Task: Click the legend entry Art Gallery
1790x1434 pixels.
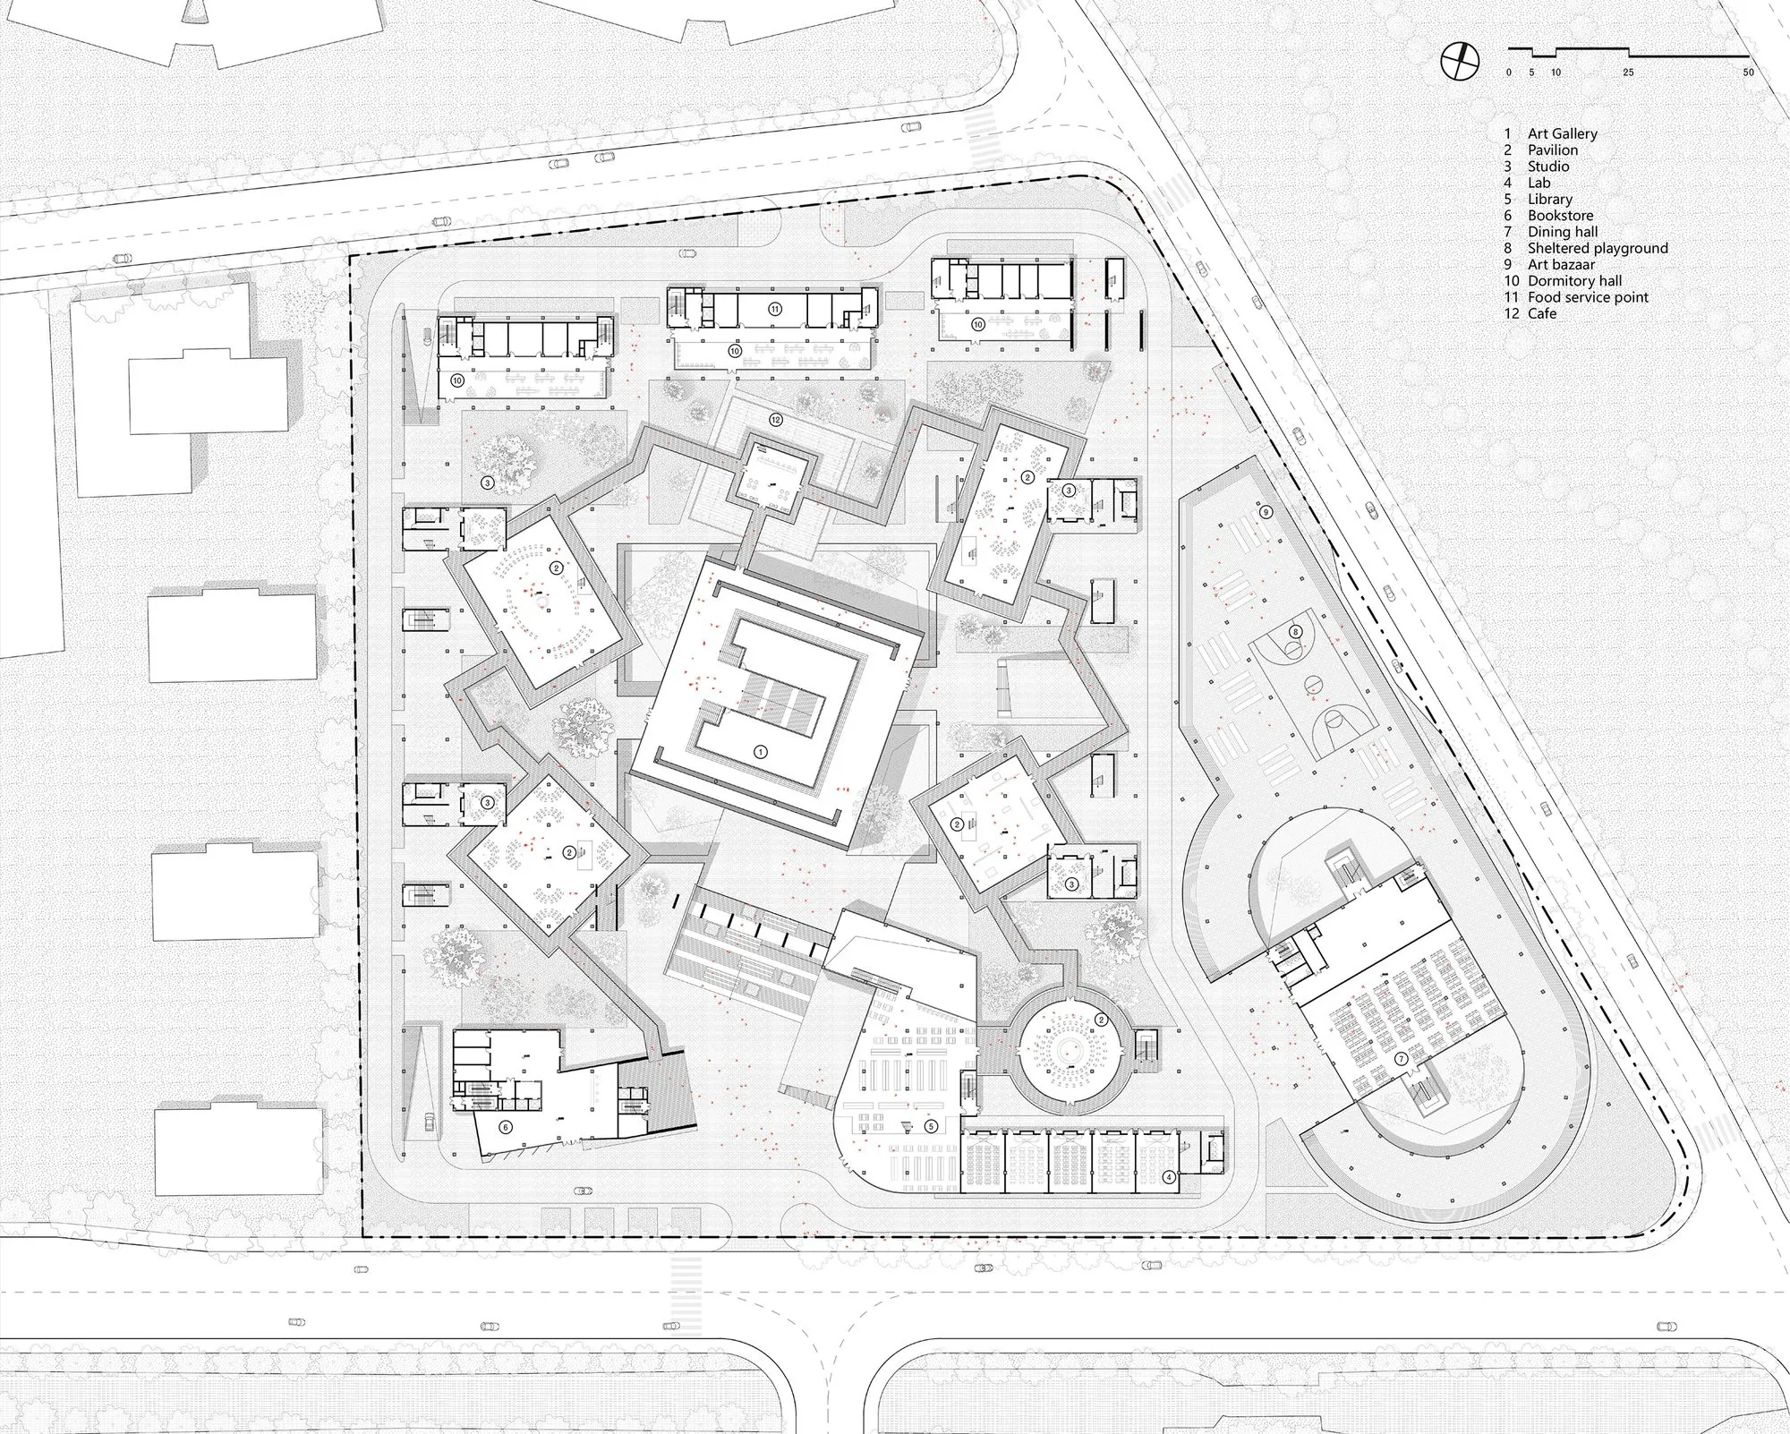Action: pos(1563,133)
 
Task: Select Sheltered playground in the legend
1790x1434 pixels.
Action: pos(1598,248)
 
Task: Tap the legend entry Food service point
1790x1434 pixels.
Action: pos(1588,297)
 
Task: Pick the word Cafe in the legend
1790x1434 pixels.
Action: pos(1542,313)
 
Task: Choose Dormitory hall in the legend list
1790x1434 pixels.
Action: pos(1574,281)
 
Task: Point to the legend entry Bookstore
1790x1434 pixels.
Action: pos(1560,216)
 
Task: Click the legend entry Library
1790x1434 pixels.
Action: pos(1550,200)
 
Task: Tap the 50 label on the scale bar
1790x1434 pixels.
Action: pos(1748,73)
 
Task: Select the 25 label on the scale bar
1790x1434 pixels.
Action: pos(1628,73)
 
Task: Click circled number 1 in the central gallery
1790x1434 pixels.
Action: pos(761,752)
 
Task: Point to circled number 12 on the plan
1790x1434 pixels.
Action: pos(776,420)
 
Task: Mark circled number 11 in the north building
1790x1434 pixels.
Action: pos(775,309)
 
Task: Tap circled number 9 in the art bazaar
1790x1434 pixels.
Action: pos(1266,513)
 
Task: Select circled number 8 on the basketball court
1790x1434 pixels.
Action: pos(1294,632)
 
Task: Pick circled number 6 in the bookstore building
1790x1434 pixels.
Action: pos(506,1128)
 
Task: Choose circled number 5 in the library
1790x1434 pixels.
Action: pos(932,1126)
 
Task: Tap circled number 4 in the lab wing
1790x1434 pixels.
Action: pos(1169,1177)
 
